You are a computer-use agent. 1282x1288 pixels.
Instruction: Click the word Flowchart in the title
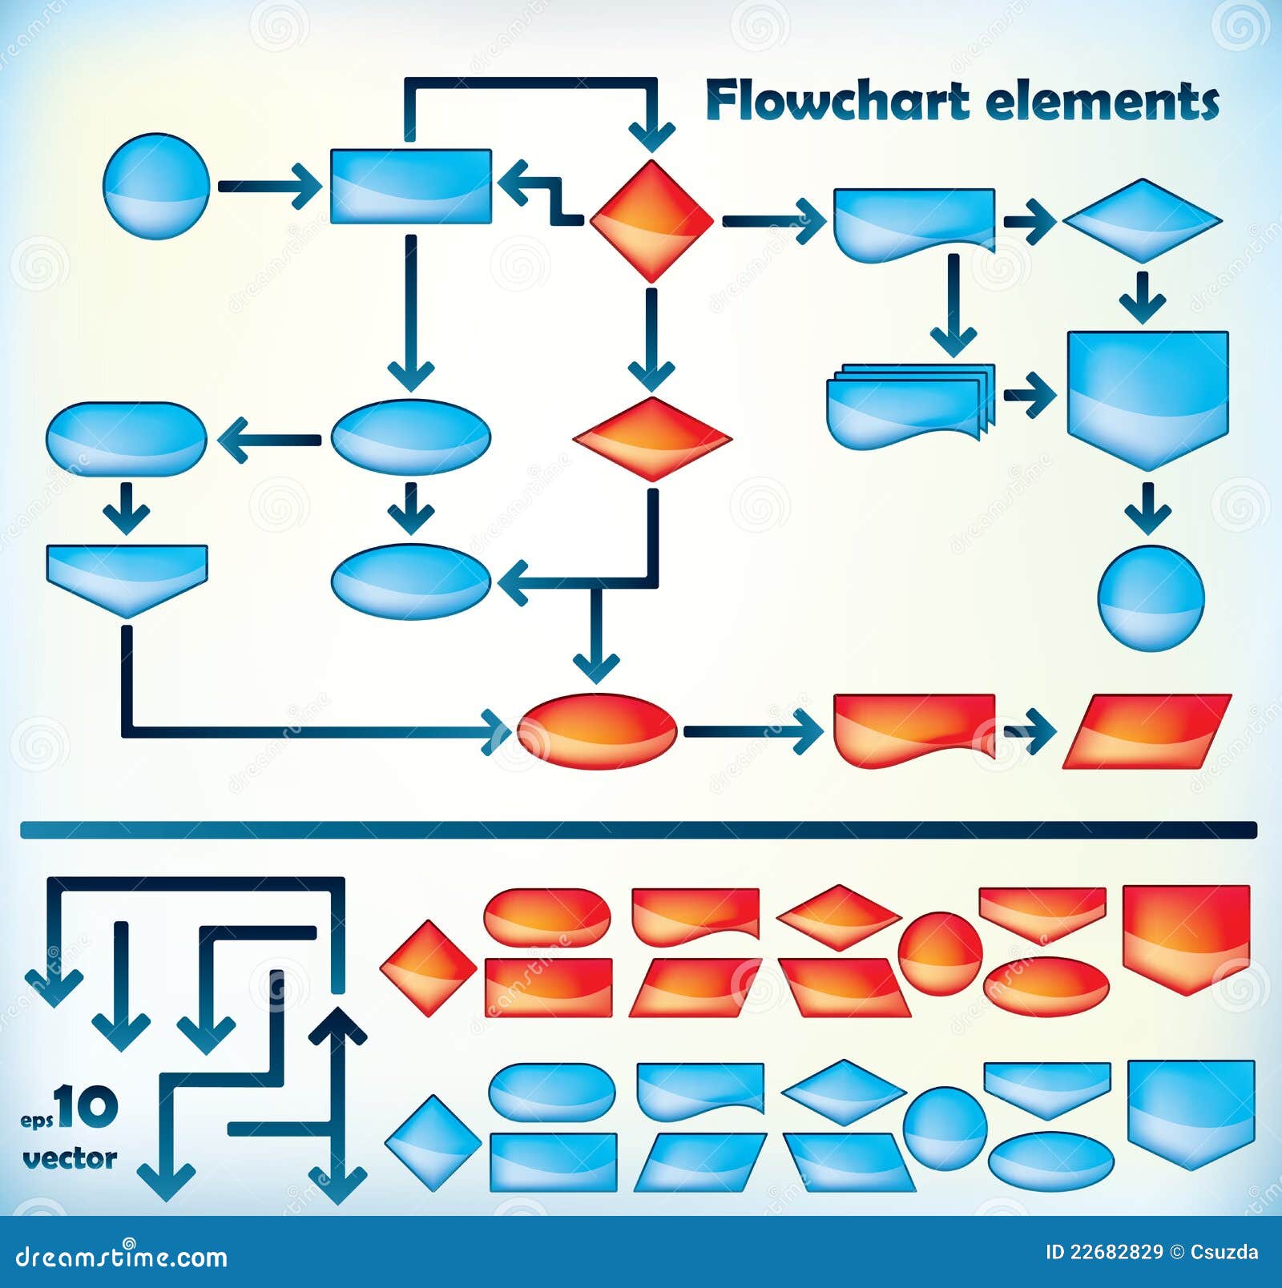tap(837, 102)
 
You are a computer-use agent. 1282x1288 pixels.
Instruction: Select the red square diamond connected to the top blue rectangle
tap(651, 220)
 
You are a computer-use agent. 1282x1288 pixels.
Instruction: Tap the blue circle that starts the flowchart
tap(156, 186)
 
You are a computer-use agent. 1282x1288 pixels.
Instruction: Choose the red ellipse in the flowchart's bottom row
tap(597, 731)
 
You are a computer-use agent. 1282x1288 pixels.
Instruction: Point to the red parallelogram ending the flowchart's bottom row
tap(1147, 731)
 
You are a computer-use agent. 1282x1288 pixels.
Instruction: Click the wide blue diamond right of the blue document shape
tap(1143, 220)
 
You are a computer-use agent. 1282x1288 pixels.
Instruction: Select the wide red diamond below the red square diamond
tap(652, 439)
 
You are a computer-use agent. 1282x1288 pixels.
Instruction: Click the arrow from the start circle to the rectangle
tap(268, 186)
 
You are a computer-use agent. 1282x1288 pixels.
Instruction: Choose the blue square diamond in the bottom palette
tap(433, 1143)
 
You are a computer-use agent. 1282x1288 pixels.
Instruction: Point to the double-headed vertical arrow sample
tap(337, 1105)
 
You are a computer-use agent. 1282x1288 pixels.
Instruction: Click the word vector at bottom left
tap(70, 1158)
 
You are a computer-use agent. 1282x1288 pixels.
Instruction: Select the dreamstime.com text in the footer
tap(122, 1257)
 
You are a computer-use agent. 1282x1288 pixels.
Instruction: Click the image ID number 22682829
tap(1115, 1252)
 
